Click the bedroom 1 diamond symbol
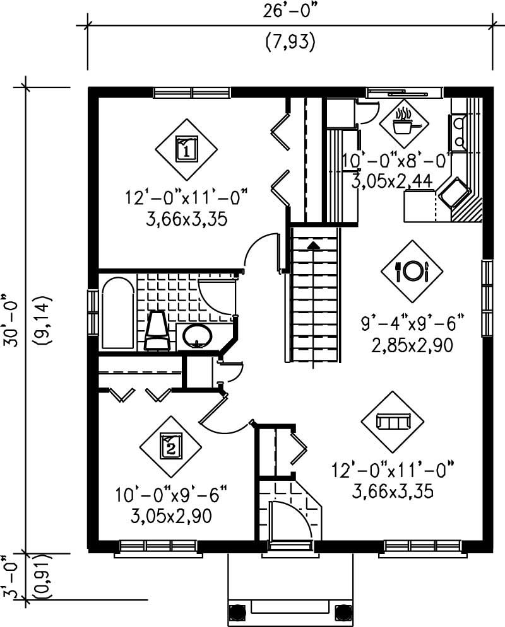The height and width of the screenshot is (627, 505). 186,149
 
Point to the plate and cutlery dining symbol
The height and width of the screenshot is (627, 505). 412,271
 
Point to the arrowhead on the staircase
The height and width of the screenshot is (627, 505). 314,244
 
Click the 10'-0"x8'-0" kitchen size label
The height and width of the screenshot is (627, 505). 396,161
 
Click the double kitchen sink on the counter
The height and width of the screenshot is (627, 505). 458,133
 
